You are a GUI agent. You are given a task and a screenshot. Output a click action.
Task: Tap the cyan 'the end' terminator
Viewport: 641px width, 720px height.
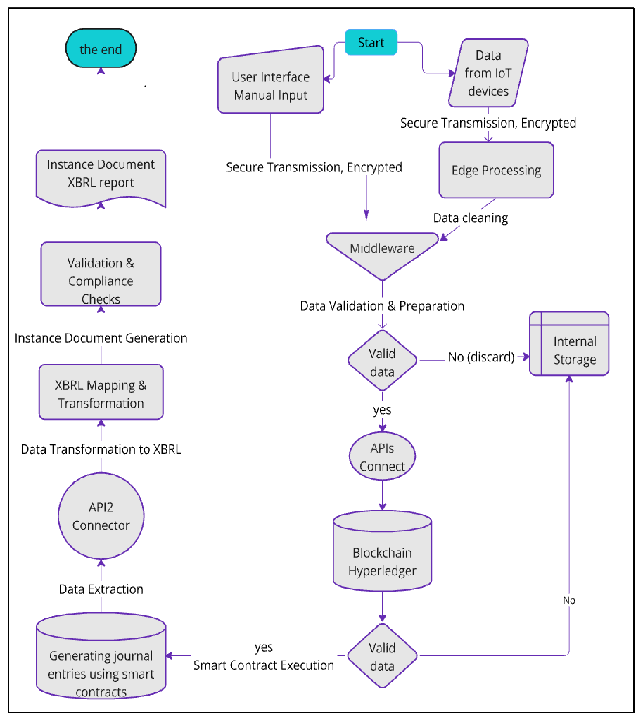tap(101, 49)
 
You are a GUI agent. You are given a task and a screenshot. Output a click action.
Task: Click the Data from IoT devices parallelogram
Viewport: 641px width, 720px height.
tap(488, 73)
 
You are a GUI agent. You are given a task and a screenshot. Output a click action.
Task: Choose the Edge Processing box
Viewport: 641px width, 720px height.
tap(496, 170)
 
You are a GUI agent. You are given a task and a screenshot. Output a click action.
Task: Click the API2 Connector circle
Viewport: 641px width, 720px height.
tap(101, 516)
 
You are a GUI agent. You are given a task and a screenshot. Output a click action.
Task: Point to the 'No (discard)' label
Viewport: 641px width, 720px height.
tap(481, 357)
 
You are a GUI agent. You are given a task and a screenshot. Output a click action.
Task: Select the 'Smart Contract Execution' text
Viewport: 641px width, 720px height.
tap(264, 665)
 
